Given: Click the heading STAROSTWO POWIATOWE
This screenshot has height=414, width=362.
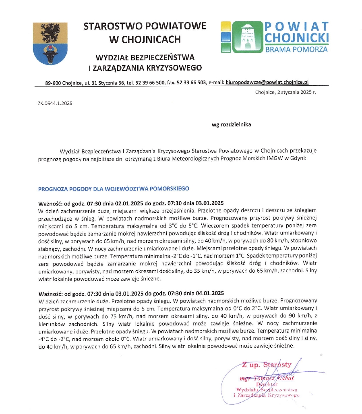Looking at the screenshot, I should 145,26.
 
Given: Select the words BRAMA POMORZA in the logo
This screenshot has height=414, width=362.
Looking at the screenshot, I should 296,50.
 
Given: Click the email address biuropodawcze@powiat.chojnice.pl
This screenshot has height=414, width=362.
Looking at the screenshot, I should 267,82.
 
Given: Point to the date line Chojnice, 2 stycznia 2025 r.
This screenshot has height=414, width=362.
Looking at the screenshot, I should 285,92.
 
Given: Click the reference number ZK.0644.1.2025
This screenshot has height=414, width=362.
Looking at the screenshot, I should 55,103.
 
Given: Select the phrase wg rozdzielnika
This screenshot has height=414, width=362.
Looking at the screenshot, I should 231,124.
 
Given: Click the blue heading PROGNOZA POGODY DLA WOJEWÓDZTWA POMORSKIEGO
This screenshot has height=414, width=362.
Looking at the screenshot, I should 113,188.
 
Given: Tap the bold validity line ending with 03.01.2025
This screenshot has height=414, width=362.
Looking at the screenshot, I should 131,203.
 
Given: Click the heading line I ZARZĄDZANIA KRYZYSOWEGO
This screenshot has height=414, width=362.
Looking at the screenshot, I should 145,67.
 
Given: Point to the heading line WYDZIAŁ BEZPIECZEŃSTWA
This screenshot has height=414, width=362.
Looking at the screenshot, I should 145,56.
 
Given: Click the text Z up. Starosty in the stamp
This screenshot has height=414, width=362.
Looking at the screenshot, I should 267,365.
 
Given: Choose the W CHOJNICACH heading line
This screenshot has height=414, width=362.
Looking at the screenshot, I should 145,39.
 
